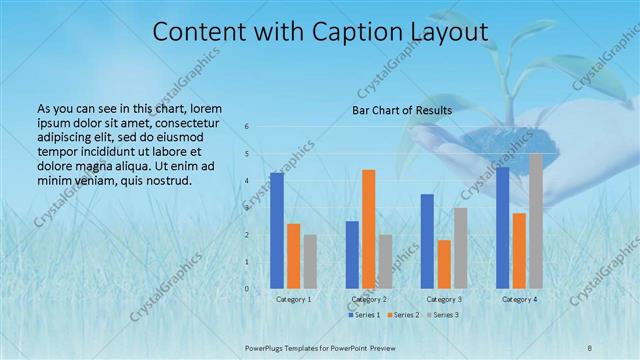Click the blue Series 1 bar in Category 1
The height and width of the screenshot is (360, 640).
pyautogui.click(x=277, y=230)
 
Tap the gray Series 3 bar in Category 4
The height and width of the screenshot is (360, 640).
pyautogui.click(x=536, y=220)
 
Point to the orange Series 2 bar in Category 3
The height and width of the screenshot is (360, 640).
pyautogui.click(x=444, y=264)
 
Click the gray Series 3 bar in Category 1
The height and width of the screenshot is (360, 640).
pyautogui.click(x=310, y=261)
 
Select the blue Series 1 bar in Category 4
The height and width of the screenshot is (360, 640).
pyautogui.click(x=503, y=227)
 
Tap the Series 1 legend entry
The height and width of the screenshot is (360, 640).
pyautogui.click(x=366, y=315)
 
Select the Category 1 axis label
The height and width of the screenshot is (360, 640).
pyautogui.click(x=293, y=299)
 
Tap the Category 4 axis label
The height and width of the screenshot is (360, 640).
pyautogui.click(x=519, y=299)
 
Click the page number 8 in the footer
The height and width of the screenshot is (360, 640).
pyautogui.click(x=590, y=346)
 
